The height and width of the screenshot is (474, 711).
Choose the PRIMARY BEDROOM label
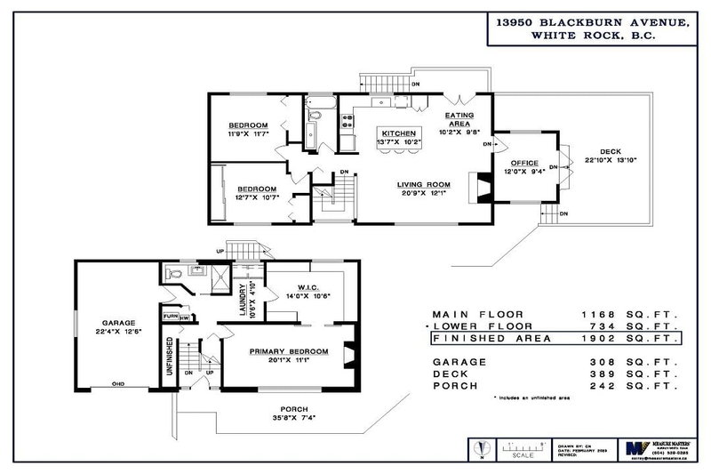click(289, 351)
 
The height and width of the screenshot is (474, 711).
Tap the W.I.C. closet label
click(297, 287)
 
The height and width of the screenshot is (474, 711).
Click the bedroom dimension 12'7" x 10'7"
click(256, 197)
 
